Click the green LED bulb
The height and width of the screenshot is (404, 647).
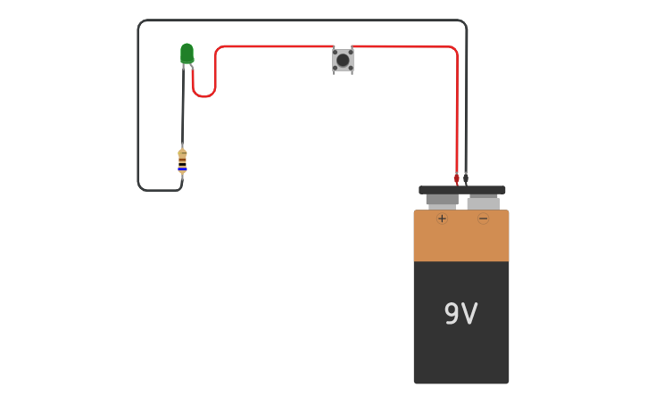[x=187, y=54]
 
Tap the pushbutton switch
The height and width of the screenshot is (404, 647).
[x=343, y=60]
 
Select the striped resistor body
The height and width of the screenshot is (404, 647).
[x=182, y=161]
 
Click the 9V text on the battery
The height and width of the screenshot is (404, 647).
[x=460, y=314]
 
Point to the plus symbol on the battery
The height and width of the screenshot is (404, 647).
[x=442, y=218]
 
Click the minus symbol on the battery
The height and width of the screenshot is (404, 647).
[x=483, y=218]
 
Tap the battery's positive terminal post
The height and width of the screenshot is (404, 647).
[x=442, y=201]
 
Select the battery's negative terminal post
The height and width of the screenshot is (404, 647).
[x=483, y=202]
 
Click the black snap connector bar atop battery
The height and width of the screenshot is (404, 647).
[x=461, y=190]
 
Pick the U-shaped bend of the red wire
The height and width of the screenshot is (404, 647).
[x=204, y=94]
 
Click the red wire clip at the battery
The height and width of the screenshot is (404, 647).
[x=457, y=178]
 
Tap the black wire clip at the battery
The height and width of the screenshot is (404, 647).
[x=466, y=178]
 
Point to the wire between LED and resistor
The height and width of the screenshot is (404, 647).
[x=183, y=107]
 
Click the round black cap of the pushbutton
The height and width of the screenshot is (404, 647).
[x=343, y=60]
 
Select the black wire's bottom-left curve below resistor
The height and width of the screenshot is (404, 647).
[x=142, y=186]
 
